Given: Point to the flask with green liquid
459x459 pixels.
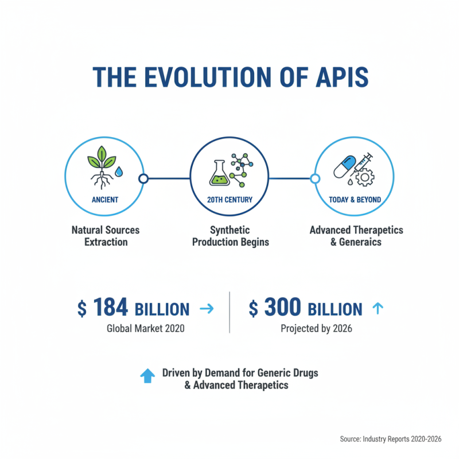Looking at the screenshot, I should (x=217, y=170).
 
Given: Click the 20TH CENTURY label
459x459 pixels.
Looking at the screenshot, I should (x=229, y=200).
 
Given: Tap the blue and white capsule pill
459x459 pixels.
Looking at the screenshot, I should (x=344, y=166).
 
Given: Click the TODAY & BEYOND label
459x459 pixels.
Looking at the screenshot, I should (x=355, y=200).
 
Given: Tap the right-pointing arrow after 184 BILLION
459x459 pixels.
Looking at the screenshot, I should (x=205, y=309).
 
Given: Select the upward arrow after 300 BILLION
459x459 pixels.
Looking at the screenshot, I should (x=377, y=309).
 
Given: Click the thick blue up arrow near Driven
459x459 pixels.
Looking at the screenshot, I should (x=147, y=376).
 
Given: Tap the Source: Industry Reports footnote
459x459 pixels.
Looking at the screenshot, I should (x=390, y=438).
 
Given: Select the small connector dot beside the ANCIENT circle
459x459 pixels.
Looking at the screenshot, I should (x=143, y=178).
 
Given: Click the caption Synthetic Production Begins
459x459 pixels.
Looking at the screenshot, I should (x=229, y=235).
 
